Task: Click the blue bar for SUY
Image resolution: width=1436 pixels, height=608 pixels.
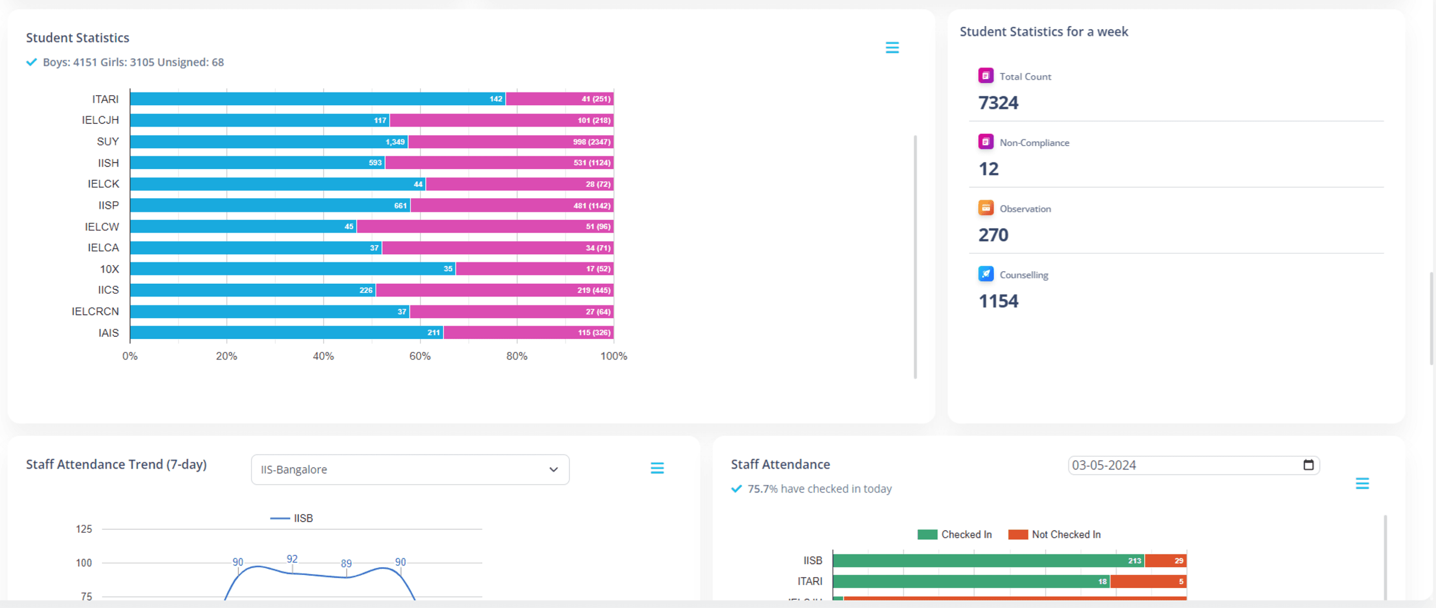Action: click(x=269, y=142)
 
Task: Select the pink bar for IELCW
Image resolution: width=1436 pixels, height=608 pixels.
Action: click(x=485, y=226)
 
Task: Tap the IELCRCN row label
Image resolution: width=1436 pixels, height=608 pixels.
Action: click(x=95, y=311)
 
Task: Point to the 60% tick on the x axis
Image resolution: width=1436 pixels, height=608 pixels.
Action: click(x=420, y=356)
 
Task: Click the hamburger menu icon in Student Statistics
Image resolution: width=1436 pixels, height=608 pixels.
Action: click(x=892, y=48)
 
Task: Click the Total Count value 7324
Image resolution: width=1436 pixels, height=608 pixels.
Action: click(x=998, y=103)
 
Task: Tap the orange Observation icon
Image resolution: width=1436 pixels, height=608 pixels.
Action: click(x=986, y=208)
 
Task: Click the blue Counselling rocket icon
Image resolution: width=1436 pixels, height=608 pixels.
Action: click(x=986, y=274)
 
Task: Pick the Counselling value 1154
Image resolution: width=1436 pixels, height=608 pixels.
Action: click(x=998, y=301)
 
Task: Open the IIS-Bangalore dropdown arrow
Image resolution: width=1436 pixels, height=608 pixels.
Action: click(x=553, y=470)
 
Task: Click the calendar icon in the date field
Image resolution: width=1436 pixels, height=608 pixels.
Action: click(x=1308, y=465)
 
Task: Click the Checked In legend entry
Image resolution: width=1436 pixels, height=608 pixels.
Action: click(x=955, y=534)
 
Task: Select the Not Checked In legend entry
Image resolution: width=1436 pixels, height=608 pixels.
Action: click(x=1054, y=534)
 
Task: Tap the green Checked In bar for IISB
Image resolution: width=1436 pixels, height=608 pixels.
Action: click(x=988, y=560)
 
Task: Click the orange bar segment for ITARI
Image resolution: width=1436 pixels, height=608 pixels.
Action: click(x=1149, y=581)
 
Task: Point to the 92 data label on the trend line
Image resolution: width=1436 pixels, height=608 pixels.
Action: click(x=292, y=559)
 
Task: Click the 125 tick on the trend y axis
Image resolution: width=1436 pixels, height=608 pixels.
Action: click(x=84, y=529)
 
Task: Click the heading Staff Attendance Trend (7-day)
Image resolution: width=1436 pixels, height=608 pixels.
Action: click(x=116, y=465)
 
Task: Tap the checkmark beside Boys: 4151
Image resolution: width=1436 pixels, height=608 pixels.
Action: click(x=32, y=62)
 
